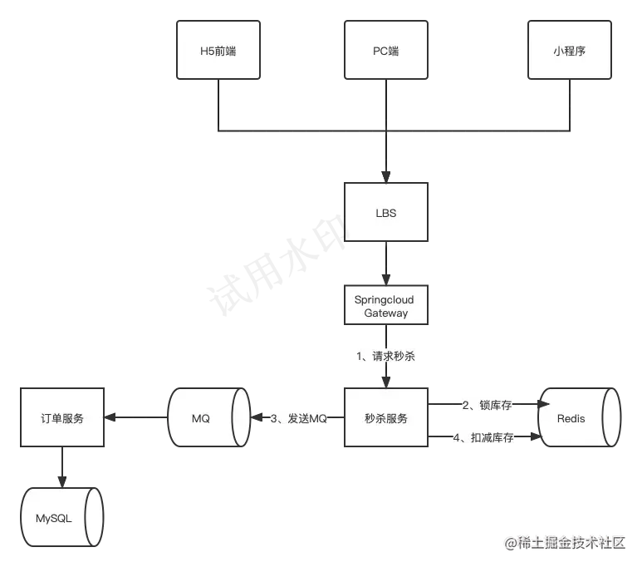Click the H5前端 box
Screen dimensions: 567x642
218,51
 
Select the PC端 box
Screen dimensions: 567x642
386,51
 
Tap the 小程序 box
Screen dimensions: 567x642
570,51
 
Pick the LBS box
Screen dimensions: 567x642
386,213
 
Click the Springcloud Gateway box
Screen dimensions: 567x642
386,306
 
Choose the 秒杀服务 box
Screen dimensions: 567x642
386,418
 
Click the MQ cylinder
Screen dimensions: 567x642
208,418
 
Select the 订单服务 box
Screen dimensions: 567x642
62,418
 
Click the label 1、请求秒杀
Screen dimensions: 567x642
386,356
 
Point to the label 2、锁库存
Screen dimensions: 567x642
488,405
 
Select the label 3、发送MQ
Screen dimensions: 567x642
299,418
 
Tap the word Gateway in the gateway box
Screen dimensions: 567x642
386,313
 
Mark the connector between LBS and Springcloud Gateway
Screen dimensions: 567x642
386,264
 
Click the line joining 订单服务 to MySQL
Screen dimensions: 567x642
63,467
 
